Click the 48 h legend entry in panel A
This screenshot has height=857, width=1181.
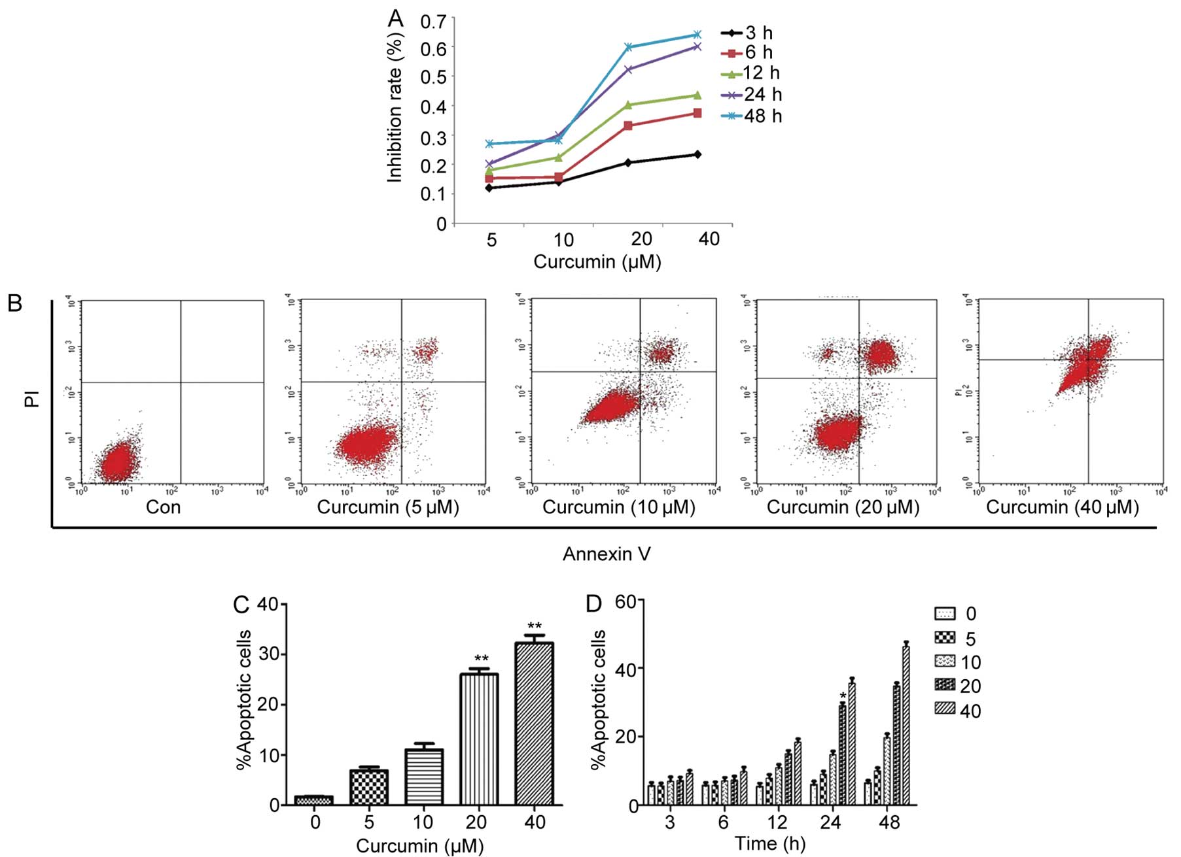coord(752,116)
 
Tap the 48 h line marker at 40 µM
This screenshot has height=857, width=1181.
coord(697,35)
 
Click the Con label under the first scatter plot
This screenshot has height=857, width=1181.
coord(163,507)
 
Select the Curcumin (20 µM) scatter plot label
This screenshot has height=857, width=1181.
coord(843,507)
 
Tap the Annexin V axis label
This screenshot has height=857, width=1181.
coord(607,554)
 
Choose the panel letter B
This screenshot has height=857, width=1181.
coord(14,304)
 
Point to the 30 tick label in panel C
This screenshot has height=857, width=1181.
coord(268,654)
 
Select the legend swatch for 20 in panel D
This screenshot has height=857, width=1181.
coord(945,686)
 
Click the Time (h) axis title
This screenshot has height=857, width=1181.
coord(770,844)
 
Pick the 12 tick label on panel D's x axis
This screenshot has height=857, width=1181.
coord(777,822)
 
